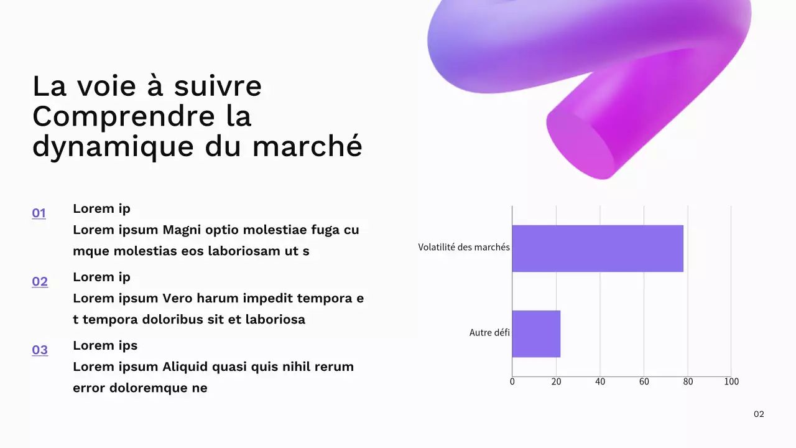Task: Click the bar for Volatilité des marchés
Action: [597, 248]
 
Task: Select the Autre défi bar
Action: [536, 334]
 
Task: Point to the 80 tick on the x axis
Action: [688, 381]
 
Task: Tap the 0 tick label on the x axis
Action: [512, 381]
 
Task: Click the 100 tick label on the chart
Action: [731, 381]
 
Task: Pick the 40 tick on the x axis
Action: [600, 381]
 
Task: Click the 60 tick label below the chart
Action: [644, 381]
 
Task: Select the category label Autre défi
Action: [489, 333]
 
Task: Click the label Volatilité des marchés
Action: [464, 248]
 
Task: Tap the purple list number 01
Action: [39, 213]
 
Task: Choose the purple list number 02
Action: [40, 282]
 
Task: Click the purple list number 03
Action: [40, 350]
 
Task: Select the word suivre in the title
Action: [218, 86]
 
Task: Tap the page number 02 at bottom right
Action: [759, 414]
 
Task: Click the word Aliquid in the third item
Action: [185, 366]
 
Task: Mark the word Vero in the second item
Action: [177, 298]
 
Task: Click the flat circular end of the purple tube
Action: [580, 144]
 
